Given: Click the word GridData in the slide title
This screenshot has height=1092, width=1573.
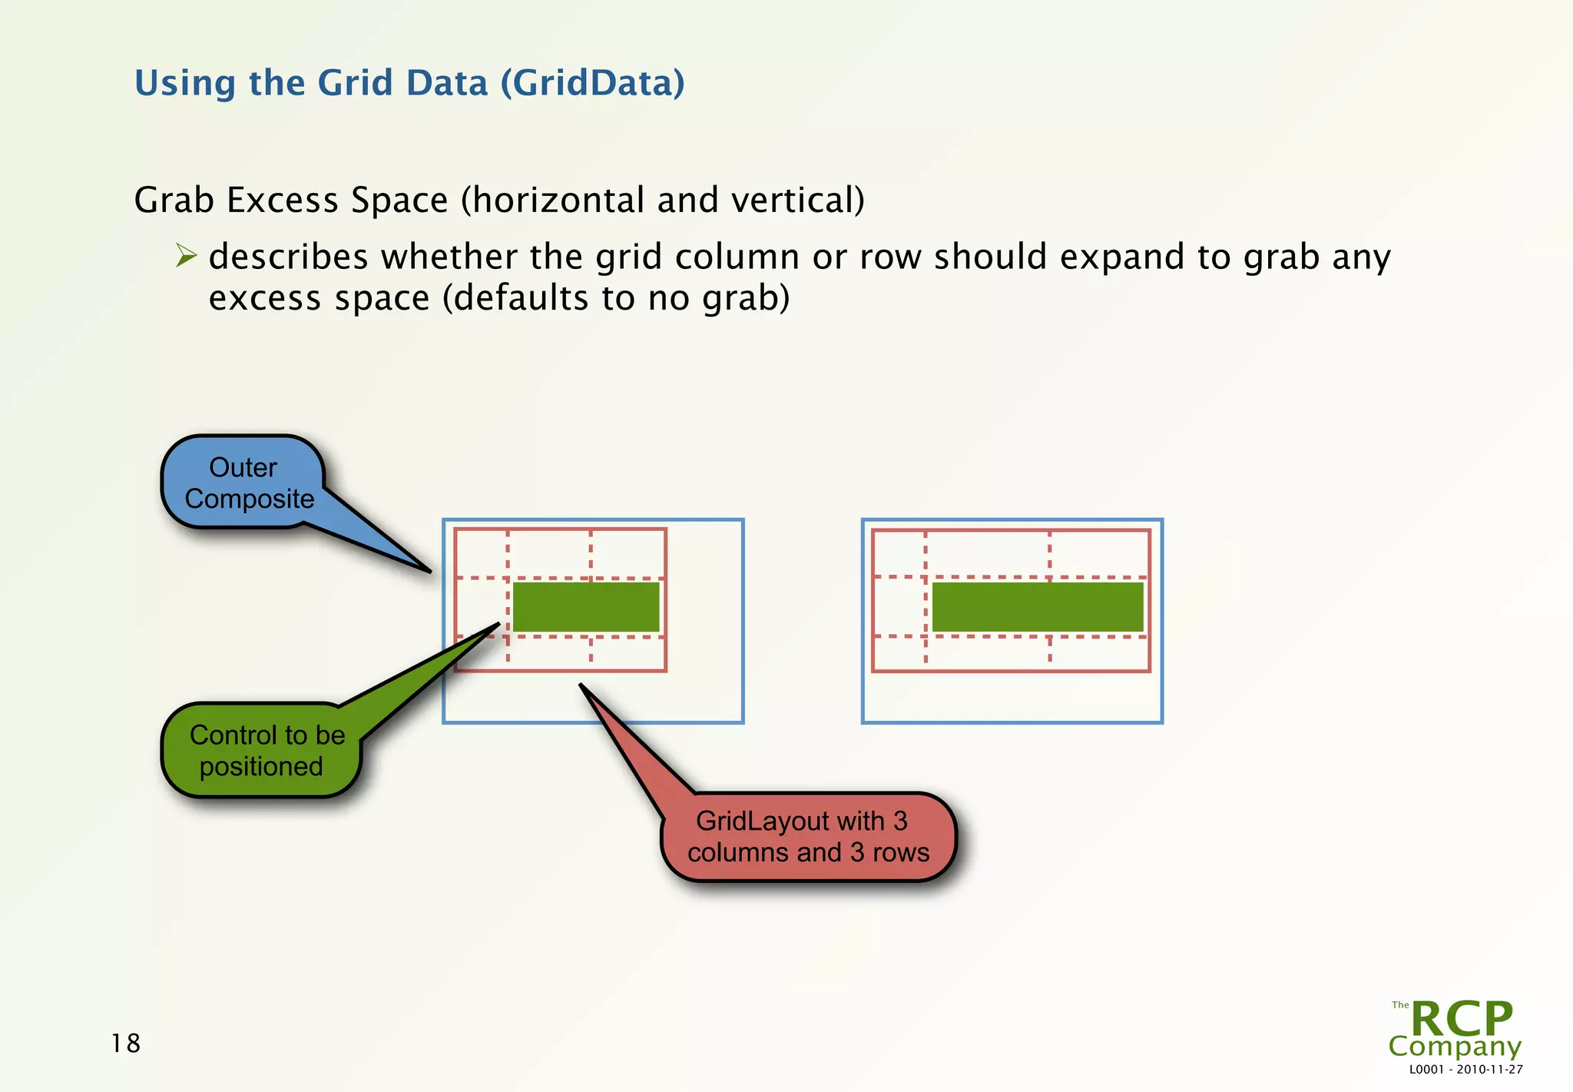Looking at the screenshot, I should [x=592, y=83].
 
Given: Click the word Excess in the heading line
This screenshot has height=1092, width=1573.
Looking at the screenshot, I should [x=283, y=201].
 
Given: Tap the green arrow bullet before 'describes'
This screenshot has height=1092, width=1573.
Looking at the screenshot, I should [x=185, y=255].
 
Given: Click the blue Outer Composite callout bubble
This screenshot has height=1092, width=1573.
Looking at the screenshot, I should [x=243, y=483].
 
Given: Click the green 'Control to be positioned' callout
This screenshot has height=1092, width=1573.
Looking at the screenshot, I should [x=262, y=750].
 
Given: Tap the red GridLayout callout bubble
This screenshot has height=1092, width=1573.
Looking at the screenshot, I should [x=808, y=837].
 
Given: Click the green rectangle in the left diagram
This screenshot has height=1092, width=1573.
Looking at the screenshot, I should [x=585, y=607].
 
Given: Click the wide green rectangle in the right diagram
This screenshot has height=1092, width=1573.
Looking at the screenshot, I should [x=1037, y=607].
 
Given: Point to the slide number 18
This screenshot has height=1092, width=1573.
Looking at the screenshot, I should [x=125, y=1043].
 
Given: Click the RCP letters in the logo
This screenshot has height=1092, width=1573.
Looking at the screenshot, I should [x=1461, y=1019].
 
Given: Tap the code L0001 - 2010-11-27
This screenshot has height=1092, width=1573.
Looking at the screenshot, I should [x=1465, y=1069].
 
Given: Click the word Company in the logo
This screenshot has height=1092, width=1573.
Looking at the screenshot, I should [x=1454, y=1046].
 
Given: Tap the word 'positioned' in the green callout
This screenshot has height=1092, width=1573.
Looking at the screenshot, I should [x=261, y=766].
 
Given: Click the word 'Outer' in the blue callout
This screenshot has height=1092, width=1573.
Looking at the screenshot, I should [x=243, y=467].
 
